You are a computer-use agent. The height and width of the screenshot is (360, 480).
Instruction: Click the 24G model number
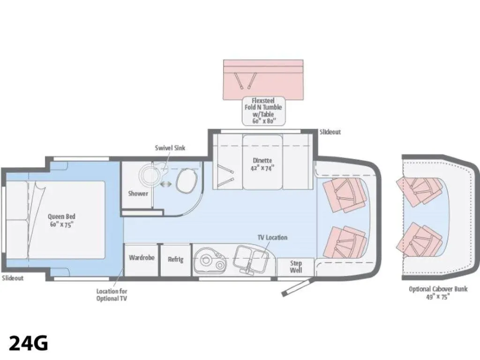coord(29,343)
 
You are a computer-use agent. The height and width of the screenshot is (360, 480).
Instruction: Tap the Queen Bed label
coord(61,220)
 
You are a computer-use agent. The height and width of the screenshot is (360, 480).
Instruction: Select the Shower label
coord(138,194)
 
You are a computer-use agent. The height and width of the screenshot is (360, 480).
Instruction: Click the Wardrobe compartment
coord(142,260)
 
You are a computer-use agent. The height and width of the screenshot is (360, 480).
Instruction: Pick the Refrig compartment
coord(175,260)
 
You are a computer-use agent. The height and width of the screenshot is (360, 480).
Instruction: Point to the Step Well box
coord(296,267)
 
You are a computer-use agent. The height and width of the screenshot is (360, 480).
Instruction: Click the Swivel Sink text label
coord(170,148)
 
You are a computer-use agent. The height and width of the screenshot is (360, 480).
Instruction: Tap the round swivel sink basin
coord(150,173)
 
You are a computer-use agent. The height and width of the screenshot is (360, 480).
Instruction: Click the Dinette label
coord(262,164)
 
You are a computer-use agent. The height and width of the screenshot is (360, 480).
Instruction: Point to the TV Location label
coord(272,238)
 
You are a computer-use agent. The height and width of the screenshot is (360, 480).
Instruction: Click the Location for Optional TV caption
coord(112,295)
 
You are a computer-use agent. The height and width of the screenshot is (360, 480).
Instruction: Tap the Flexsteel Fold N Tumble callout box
coord(263,111)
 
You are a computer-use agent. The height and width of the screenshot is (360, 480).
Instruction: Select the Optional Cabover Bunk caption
coord(438,292)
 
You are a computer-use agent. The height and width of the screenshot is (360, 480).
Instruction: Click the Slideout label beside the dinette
coord(330,132)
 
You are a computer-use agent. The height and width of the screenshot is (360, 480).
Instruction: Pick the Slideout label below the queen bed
coord(13,278)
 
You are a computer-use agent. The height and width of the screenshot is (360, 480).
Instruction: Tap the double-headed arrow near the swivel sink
coord(166,184)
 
